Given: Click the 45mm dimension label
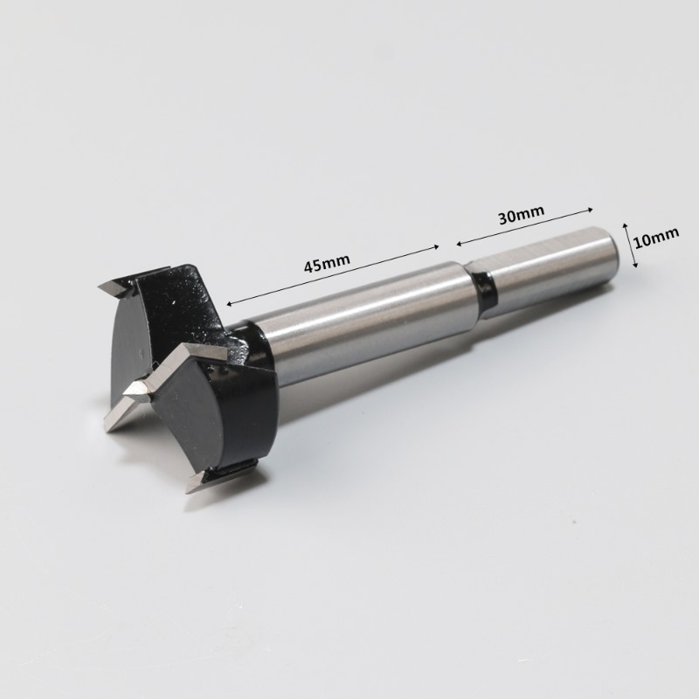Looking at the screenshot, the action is (x=327, y=263).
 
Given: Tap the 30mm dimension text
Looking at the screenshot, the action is (x=521, y=214).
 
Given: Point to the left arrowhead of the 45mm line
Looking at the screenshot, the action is (x=229, y=303).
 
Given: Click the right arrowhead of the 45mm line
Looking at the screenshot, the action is (x=436, y=246).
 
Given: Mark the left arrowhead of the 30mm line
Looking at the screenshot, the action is (x=460, y=243).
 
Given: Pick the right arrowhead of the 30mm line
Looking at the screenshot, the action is (x=589, y=209).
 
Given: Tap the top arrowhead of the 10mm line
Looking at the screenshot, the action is (x=625, y=226).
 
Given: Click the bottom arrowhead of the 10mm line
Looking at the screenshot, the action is (x=635, y=265).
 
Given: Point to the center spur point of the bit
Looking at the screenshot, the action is (x=133, y=391).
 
